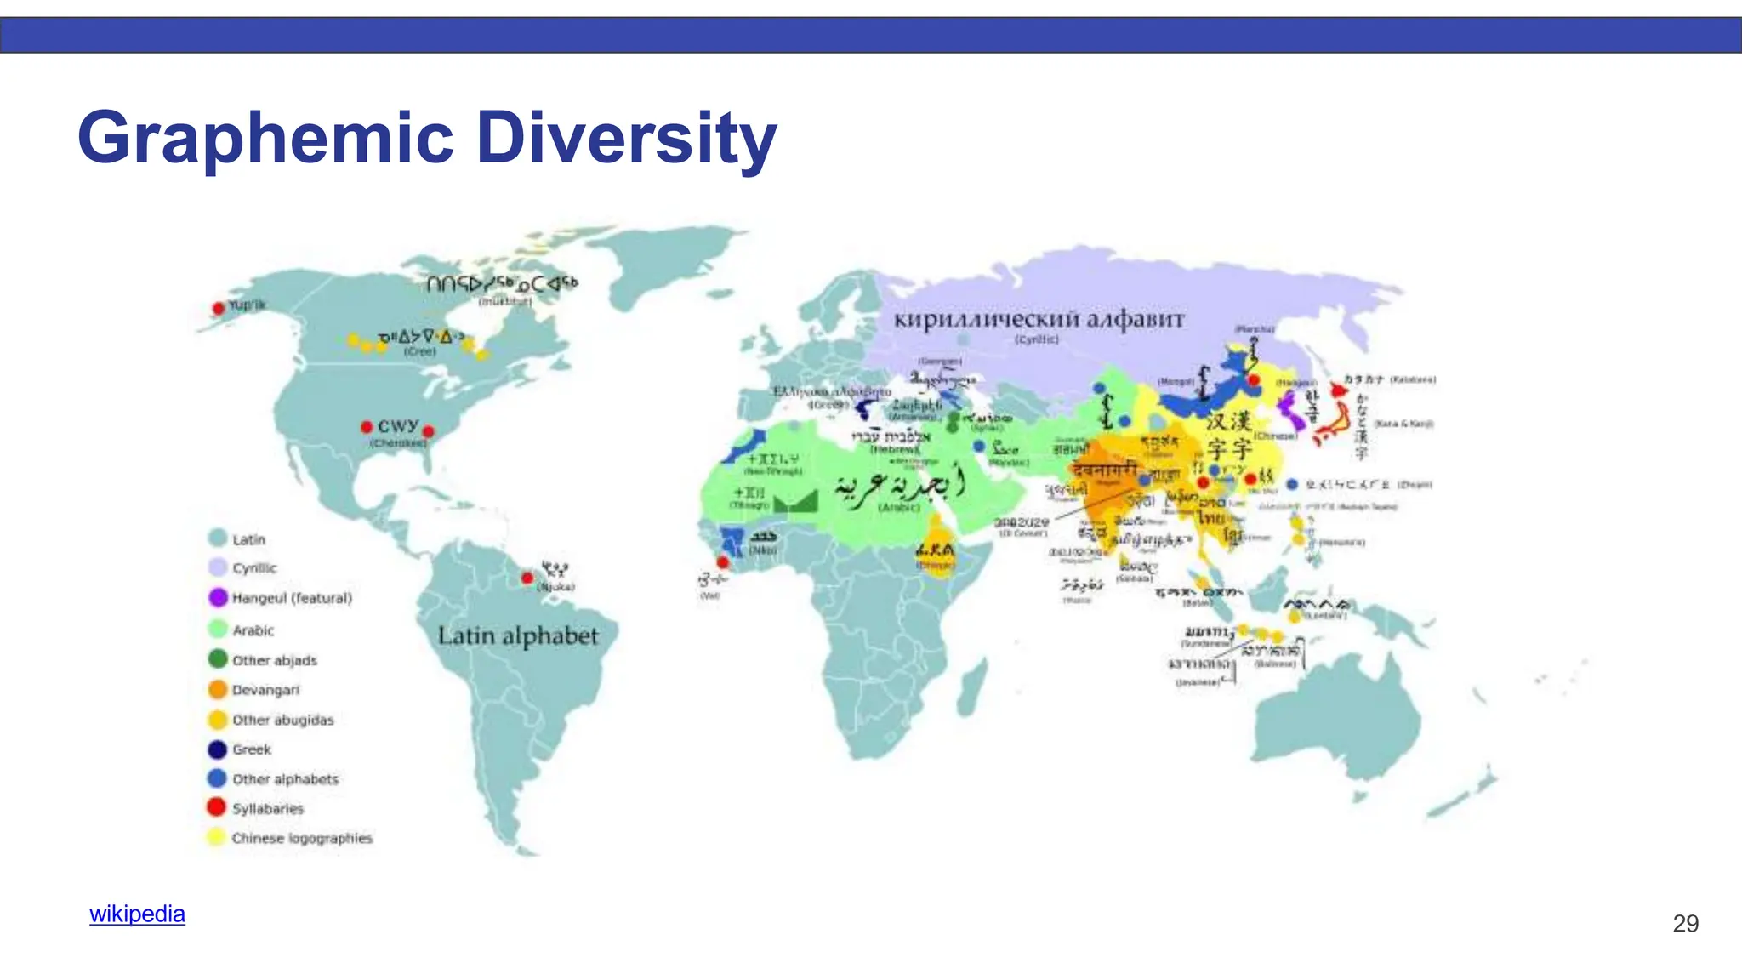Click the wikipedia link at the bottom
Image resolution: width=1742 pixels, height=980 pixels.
(137, 914)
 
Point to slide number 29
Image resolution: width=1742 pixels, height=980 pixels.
(1685, 924)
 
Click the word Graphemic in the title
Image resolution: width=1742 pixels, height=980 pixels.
(265, 139)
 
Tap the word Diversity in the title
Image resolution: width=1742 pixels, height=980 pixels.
(626, 139)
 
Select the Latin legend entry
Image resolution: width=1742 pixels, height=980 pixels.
(248, 539)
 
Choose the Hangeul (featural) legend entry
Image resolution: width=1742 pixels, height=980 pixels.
(291, 598)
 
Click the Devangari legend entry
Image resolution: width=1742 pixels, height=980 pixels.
(265, 690)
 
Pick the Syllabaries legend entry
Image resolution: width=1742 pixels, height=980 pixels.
(267, 808)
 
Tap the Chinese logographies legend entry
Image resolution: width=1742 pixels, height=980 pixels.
(302, 838)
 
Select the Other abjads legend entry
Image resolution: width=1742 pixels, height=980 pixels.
(274, 660)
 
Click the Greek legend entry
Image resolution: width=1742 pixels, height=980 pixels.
(252, 749)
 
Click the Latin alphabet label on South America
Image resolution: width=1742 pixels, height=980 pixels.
(518, 636)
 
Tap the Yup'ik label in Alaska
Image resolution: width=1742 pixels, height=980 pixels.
(247, 305)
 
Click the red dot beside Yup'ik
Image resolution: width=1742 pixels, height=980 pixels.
(219, 308)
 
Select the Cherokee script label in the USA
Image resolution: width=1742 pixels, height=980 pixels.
(398, 426)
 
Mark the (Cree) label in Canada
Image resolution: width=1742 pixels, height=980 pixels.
(419, 351)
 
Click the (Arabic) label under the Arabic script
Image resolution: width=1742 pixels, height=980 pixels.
(899, 508)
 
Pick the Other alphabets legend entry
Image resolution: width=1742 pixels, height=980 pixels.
(285, 779)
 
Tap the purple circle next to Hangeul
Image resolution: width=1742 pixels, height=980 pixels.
(218, 597)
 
